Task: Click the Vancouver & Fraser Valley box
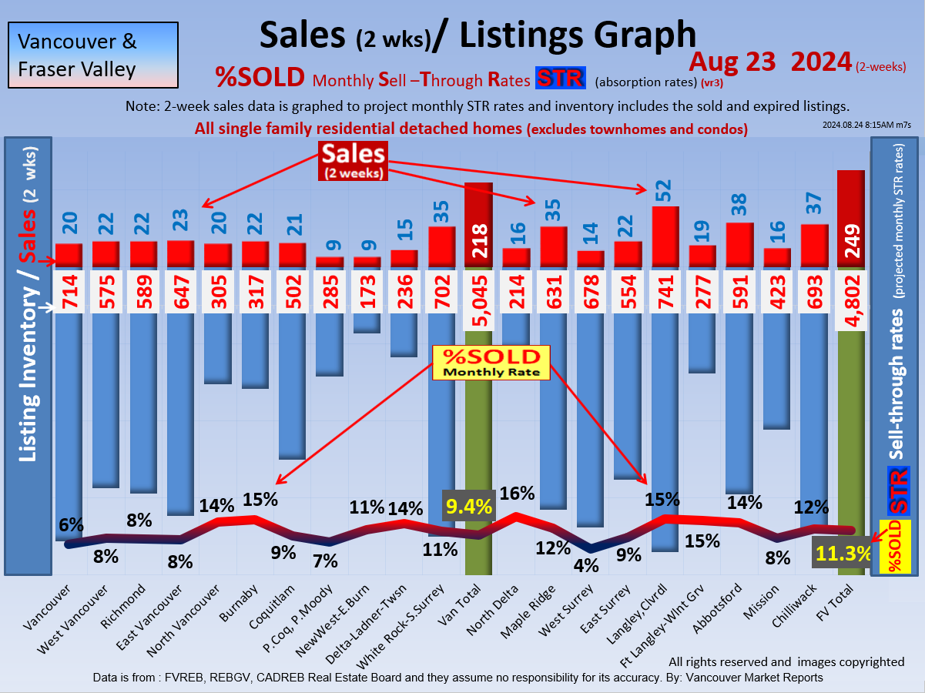point(93,55)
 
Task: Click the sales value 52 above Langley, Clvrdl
point(662,189)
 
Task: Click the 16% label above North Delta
point(514,494)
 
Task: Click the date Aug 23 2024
point(770,62)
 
